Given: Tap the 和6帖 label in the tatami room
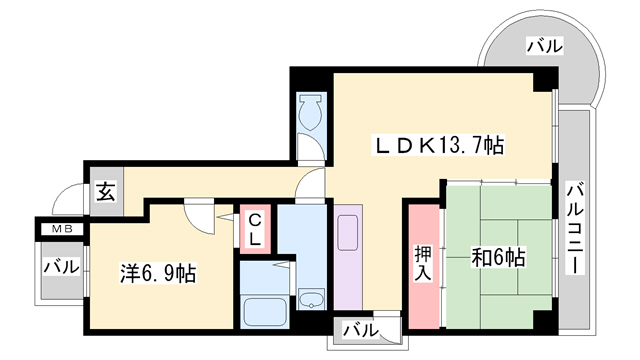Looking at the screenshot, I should pyautogui.click(x=498, y=256).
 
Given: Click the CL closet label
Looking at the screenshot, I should pyautogui.click(x=255, y=228).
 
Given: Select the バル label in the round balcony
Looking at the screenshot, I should pyautogui.click(x=543, y=46).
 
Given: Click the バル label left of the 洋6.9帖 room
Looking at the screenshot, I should pyautogui.click(x=61, y=268).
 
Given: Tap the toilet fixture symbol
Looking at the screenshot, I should pyautogui.click(x=310, y=113).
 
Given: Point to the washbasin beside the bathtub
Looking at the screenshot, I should pyautogui.click(x=310, y=298).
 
